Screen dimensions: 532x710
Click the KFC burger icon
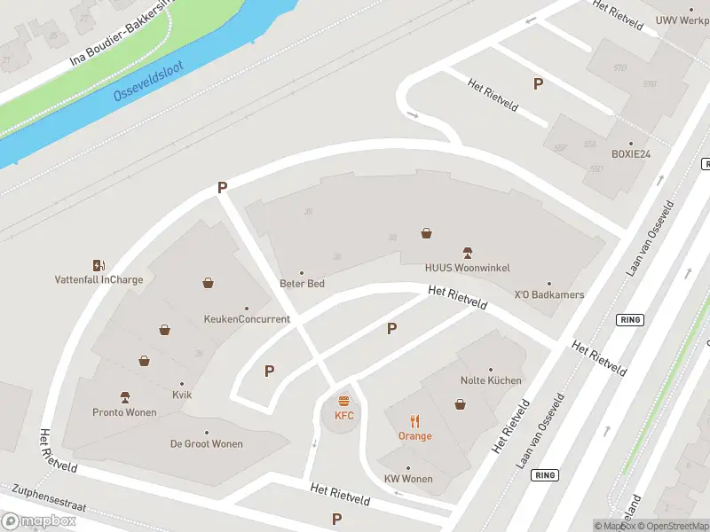(344, 402)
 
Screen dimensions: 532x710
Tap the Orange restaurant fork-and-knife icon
(414, 420)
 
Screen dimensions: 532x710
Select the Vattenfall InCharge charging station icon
(99, 265)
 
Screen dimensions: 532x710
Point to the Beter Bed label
(302, 284)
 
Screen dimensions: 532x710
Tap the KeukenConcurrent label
(247, 319)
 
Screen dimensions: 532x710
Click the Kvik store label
(182, 395)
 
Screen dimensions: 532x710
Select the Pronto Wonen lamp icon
(125, 397)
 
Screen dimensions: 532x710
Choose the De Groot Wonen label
(207, 444)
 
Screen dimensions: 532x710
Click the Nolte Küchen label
(491, 380)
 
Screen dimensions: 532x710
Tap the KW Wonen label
(408, 480)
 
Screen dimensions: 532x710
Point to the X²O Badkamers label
(549, 294)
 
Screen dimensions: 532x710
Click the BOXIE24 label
(631, 153)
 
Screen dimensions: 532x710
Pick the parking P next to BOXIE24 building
(537, 83)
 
